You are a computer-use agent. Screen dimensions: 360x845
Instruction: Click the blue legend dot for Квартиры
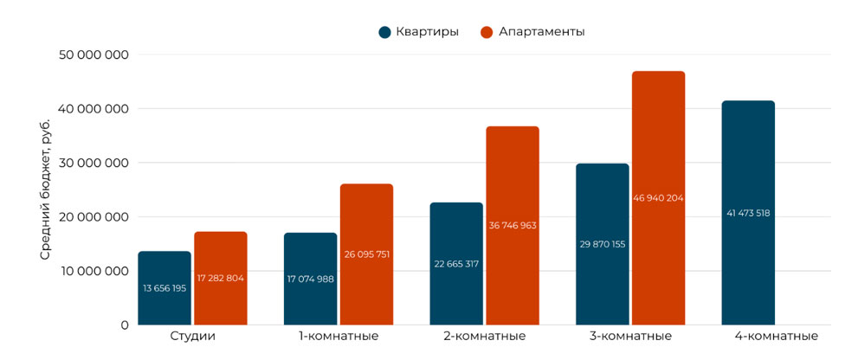pos(384,32)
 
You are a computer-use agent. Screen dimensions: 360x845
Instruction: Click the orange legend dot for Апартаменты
pos(487,32)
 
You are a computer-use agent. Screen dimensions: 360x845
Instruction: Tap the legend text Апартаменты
pos(542,32)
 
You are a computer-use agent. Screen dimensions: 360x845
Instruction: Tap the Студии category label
pos(192,337)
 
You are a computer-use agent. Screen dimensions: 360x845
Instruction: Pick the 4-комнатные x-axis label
pos(775,337)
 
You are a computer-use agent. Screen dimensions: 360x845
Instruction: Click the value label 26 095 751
pos(366,254)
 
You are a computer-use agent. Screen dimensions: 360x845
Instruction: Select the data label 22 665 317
pos(456,264)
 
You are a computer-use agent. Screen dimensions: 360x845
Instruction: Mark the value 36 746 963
pos(513,225)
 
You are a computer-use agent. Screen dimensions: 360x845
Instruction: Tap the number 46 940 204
pos(658,198)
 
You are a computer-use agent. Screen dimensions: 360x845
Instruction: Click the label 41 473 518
pos(748,213)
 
